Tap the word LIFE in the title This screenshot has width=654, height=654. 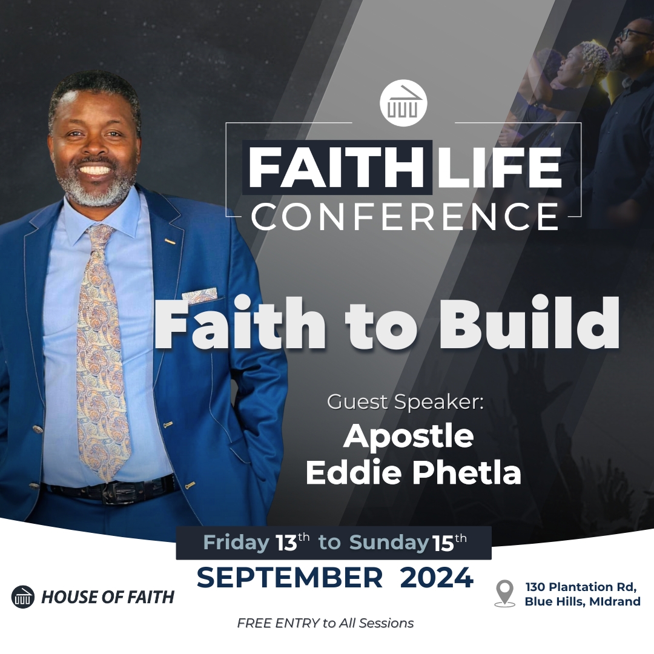coord(499,167)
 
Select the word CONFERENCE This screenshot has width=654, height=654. coord(404,216)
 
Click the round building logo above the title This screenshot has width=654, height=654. coord(403,103)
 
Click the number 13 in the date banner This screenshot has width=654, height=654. coord(286,543)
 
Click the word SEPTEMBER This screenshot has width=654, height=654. coord(289,578)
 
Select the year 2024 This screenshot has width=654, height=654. coord(437,578)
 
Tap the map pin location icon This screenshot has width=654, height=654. coord(504,592)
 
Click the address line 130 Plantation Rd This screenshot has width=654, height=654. coord(581,587)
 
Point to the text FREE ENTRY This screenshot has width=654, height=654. coord(278,623)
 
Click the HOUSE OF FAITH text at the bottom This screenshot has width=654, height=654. coord(108,597)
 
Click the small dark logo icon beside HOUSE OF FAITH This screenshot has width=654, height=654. coord(23,597)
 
